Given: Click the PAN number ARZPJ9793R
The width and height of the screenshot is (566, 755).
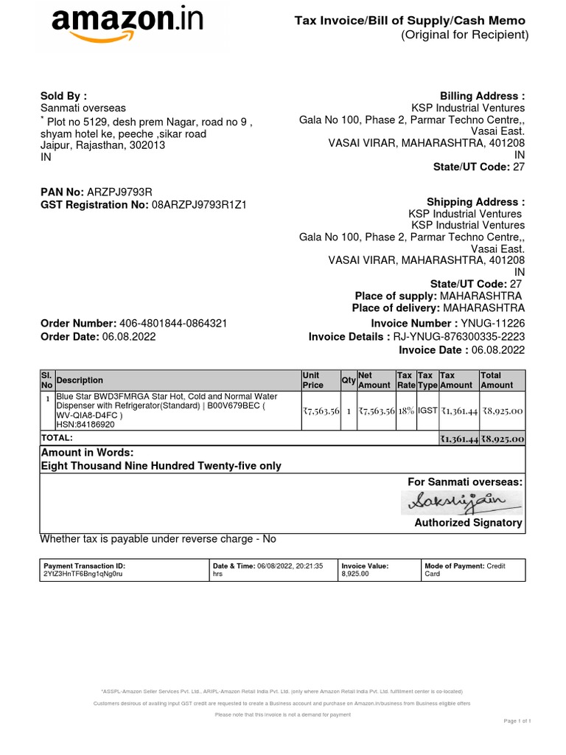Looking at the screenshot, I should coord(119,192).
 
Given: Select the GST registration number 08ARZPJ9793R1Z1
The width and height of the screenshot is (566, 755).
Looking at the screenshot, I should coord(198,205).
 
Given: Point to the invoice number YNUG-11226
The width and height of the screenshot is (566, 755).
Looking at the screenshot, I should coord(493,324).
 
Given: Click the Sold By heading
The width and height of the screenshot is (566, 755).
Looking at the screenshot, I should coord(63,96).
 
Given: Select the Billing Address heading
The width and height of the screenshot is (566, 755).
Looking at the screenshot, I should coord(482,96).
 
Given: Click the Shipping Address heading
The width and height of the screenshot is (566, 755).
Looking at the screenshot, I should coord(475,202).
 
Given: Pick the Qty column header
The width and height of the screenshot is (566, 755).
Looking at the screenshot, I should coord(348,380).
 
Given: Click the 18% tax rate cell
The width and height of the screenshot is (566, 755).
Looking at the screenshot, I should coord(406,411).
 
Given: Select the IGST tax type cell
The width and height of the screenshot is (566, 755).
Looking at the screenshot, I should coord(427,411).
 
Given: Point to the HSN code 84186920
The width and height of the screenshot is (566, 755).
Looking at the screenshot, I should coord(85,425).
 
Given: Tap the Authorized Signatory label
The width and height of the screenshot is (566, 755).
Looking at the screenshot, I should coord(468,523).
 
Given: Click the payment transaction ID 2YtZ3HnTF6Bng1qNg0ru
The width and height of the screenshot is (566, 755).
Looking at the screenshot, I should coord(83,574).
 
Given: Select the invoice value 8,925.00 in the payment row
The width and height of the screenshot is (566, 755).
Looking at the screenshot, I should coord(354,574).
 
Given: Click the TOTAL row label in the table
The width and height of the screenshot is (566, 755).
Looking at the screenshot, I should coord(57,438).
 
